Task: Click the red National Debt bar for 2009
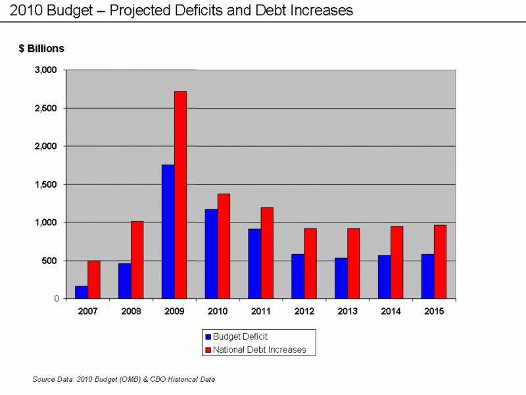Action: pyautogui.click(x=180, y=195)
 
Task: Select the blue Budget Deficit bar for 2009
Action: pyautogui.click(x=168, y=232)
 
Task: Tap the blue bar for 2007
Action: pyautogui.click(x=82, y=292)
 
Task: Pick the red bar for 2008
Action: pyautogui.click(x=137, y=260)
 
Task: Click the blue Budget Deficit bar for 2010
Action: pyautogui.click(x=211, y=254)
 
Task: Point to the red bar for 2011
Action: pyautogui.click(x=267, y=253)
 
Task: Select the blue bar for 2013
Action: pyautogui.click(x=341, y=278)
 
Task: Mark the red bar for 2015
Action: pyautogui.click(x=440, y=262)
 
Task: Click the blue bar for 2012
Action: pyautogui.click(x=298, y=276)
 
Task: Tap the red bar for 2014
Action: pyautogui.click(x=397, y=262)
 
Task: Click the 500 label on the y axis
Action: pyautogui.click(x=49, y=261)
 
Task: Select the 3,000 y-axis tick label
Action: pyautogui.click(x=46, y=70)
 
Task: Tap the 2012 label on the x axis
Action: pyautogui.click(x=304, y=311)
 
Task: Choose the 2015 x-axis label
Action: pyautogui.click(x=434, y=311)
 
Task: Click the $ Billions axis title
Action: pyautogui.click(x=41, y=48)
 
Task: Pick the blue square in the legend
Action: pyautogui.click(x=208, y=336)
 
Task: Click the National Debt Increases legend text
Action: pyautogui.click(x=259, y=350)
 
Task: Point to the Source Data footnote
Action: pyautogui.click(x=124, y=379)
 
